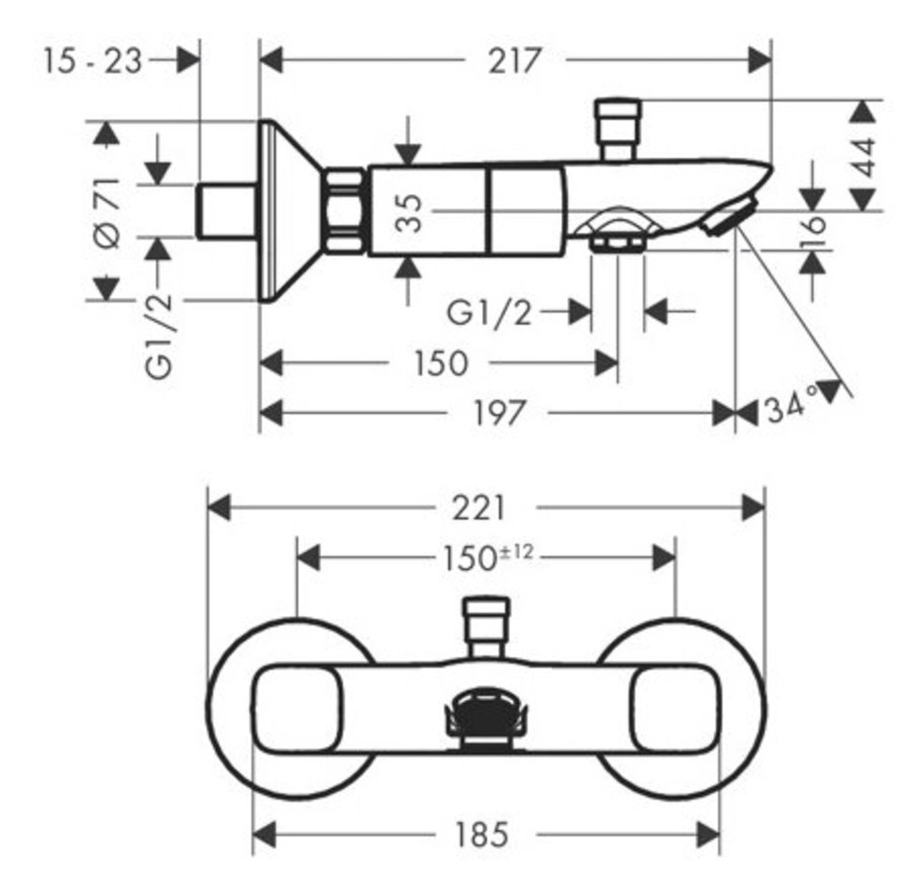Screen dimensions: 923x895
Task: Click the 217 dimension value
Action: (x=514, y=60)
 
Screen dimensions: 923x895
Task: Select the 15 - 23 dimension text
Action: (x=92, y=60)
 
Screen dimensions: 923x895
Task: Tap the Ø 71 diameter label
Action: (x=107, y=212)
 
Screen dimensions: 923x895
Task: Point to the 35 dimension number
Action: (x=409, y=213)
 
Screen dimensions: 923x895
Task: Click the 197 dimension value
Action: (x=498, y=413)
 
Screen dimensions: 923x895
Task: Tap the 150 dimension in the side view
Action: (x=441, y=363)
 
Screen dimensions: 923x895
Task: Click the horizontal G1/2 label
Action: (x=489, y=312)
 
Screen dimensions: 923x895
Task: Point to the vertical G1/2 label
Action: (x=158, y=335)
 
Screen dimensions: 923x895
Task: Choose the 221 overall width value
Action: (x=478, y=508)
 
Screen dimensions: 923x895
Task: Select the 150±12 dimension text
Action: (x=488, y=557)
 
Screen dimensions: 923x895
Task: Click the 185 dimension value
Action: (x=481, y=834)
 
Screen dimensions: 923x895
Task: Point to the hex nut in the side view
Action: (x=345, y=211)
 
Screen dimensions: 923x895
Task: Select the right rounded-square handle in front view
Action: (x=675, y=708)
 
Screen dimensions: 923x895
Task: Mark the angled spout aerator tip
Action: (x=729, y=217)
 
